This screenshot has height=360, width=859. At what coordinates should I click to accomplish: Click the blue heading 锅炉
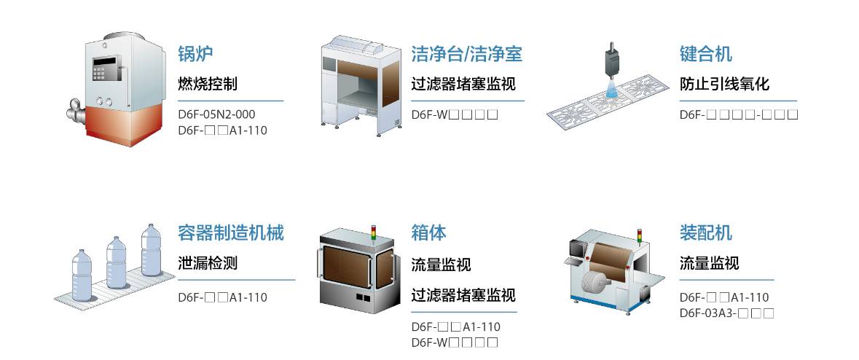point(195,54)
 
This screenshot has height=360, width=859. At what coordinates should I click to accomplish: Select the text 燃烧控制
point(208,84)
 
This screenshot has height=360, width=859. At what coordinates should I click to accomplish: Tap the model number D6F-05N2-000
point(216,114)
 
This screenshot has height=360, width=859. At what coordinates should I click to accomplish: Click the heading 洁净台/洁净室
point(466,54)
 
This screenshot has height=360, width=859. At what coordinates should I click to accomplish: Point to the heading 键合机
point(705,54)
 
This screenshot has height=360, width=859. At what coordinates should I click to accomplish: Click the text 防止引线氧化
point(724,84)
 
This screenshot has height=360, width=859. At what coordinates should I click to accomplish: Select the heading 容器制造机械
point(230,233)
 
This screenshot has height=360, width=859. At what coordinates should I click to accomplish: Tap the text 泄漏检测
point(208,263)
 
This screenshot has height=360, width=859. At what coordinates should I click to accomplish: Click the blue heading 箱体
point(428,233)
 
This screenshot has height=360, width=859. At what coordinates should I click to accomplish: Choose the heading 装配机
point(705,233)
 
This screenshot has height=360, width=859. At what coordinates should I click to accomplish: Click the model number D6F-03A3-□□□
point(726,313)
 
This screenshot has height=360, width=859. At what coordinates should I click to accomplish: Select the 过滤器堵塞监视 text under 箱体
point(463,295)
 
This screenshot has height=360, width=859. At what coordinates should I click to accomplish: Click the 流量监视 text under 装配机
point(709,263)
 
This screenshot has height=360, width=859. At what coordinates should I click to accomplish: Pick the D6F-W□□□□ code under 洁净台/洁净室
point(455,114)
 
